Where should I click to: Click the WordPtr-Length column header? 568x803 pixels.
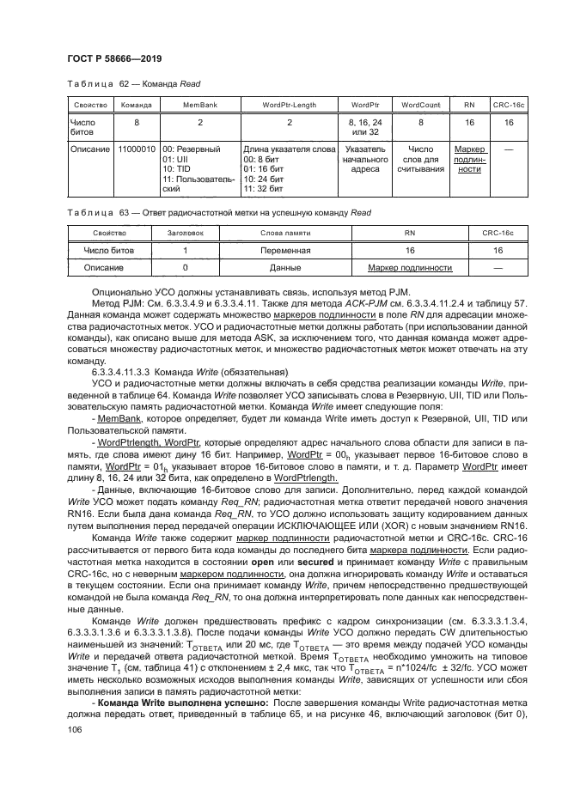[x=289, y=105]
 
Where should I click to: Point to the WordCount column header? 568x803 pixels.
[x=421, y=105]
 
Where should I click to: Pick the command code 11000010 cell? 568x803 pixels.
[x=137, y=149]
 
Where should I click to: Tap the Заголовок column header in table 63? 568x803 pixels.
[x=186, y=234]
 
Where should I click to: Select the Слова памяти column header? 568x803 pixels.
[x=285, y=234]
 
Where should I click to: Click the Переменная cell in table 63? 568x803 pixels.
[x=285, y=251]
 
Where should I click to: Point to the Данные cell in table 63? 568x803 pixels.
[x=285, y=268]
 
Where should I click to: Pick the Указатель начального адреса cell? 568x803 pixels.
[x=365, y=159]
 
